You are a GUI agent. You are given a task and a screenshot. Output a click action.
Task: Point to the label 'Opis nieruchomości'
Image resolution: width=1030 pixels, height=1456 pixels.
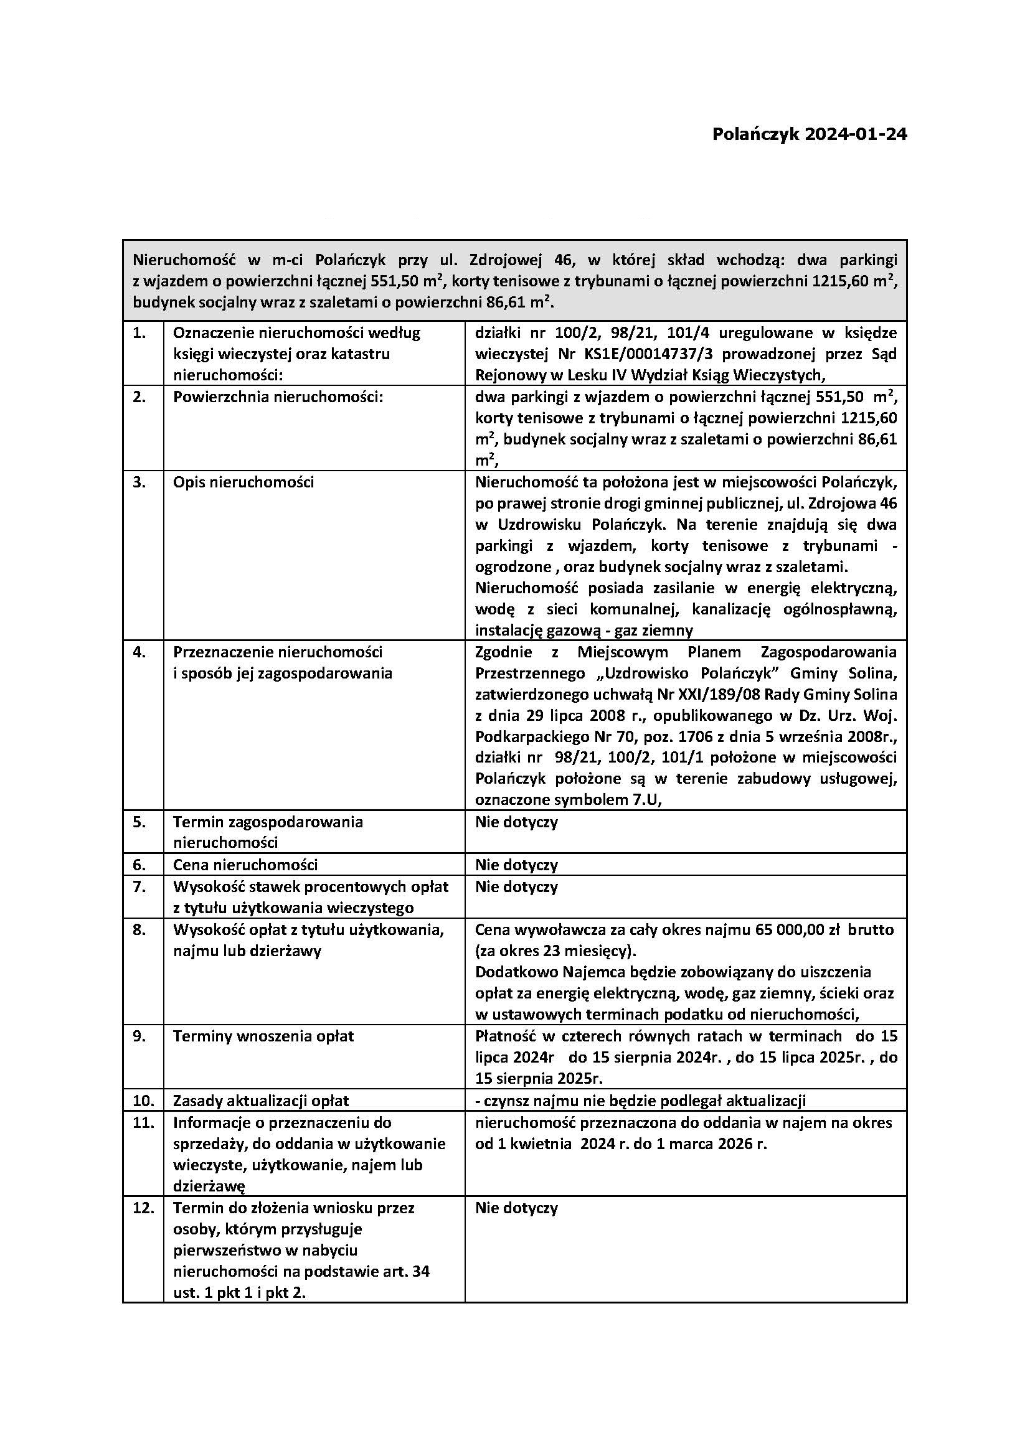pos(243,482)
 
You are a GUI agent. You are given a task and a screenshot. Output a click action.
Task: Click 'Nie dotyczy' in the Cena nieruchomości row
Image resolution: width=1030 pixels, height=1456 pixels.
pos(516,865)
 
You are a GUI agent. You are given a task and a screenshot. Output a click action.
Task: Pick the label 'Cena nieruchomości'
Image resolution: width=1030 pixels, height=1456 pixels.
pos(245,865)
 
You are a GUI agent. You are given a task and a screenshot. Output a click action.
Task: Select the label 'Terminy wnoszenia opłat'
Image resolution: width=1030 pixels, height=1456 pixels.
pos(263,1036)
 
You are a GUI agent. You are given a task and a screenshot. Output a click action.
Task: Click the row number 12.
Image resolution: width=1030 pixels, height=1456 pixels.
pos(143,1208)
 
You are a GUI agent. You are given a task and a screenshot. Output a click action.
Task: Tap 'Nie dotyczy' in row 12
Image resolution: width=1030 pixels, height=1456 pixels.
pos(516,1208)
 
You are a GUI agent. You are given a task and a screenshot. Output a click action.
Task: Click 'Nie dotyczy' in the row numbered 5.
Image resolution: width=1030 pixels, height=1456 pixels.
pos(516,822)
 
